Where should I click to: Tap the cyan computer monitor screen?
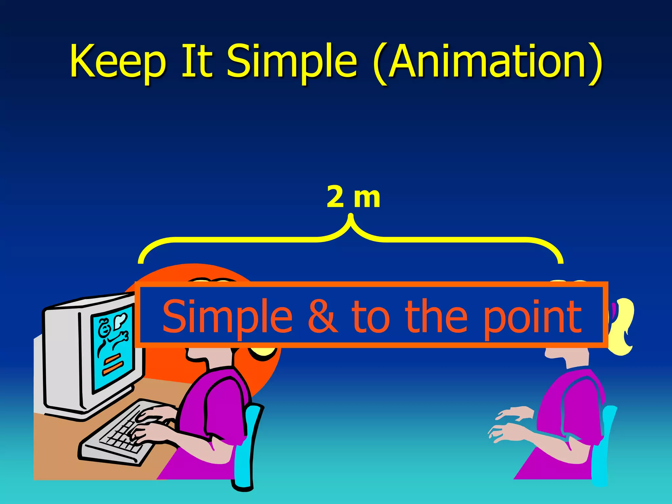point(112,348)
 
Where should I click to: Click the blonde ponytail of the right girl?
point(622,328)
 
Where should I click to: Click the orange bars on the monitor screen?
point(112,364)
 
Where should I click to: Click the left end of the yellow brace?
point(140,261)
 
